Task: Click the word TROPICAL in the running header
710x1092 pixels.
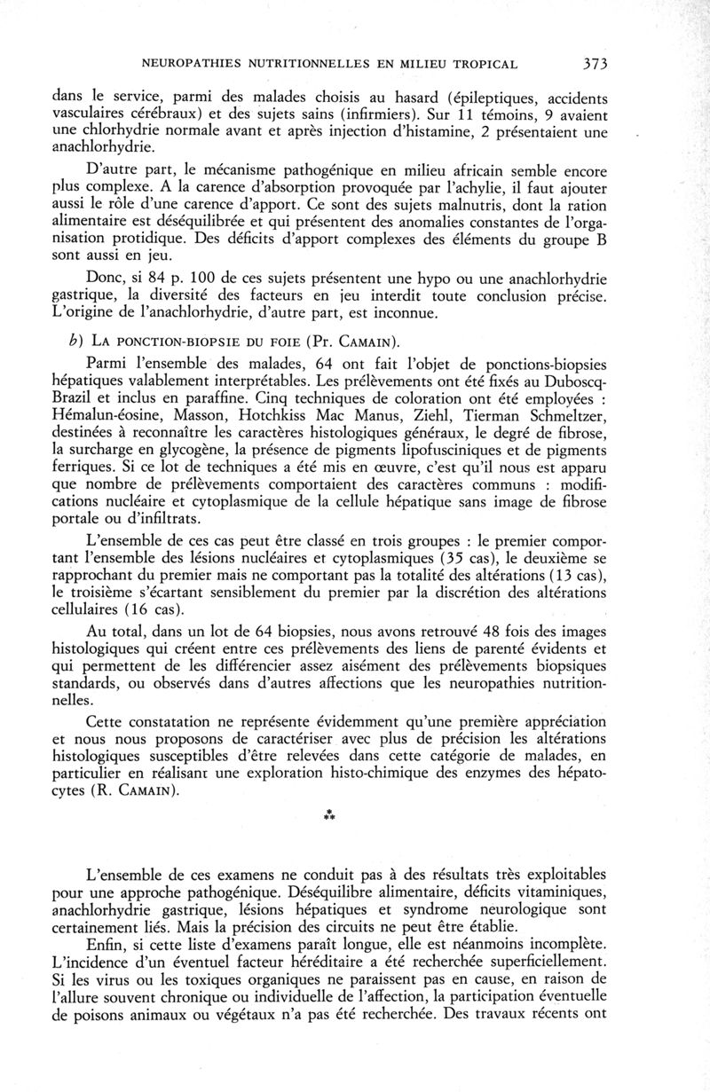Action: click(479, 65)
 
